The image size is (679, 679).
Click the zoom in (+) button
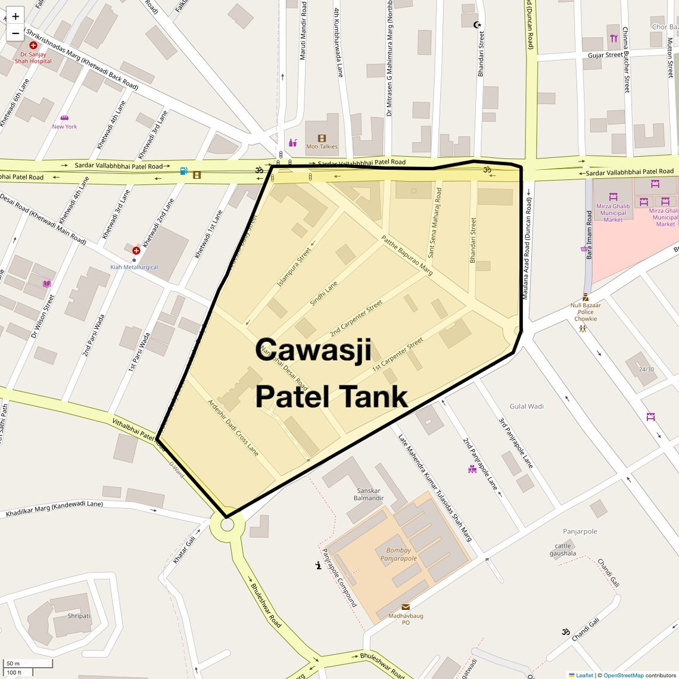[15, 16]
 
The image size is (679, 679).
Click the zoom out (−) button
[15, 33]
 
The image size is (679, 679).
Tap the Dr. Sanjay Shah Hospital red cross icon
[33, 45]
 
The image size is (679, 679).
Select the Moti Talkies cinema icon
[322, 138]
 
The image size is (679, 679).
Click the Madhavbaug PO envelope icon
[406, 607]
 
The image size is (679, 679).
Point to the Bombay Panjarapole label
[398, 555]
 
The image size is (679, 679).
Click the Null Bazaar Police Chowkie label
[585, 312]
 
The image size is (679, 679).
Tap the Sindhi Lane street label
[324, 294]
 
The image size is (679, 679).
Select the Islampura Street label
[294, 267]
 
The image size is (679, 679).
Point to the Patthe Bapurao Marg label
[407, 256]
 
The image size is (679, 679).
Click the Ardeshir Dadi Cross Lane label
[233, 428]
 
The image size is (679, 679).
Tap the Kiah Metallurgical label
[134, 267]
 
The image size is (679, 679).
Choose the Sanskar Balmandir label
[369, 494]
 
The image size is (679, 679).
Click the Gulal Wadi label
[527, 406]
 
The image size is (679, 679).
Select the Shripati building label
[79, 616]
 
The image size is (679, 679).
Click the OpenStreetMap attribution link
[624, 675]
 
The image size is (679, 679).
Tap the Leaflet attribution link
[584, 675]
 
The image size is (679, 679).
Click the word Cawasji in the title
[313, 350]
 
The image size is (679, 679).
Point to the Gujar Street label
[605, 55]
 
